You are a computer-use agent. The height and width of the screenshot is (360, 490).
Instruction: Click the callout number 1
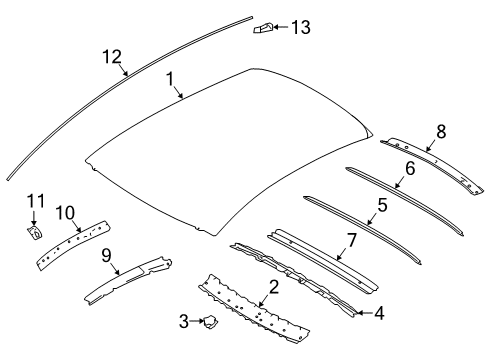[170, 77]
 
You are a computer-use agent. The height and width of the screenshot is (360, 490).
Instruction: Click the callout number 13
[301, 27]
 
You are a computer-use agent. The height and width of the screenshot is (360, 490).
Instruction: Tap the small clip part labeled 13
[261, 26]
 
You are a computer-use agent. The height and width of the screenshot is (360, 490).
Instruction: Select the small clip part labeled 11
[32, 234]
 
